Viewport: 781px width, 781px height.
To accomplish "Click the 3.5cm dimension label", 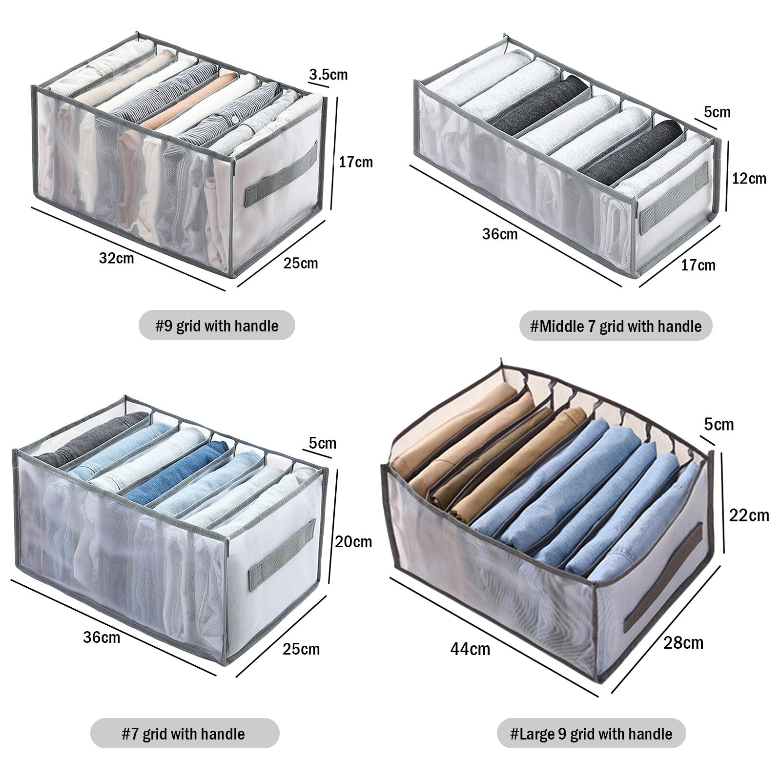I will pyautogui.click(x=328, y=75).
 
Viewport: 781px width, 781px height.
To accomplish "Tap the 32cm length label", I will pyautogui.click(x=116, y=257).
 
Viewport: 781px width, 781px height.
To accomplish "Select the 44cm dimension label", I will pyautogui.click(x=470, y=649).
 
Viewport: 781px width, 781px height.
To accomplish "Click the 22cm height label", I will pyautogui.click(x=748, y=515).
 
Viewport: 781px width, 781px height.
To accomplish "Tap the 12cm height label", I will pyautogui.click(x=749, y=179).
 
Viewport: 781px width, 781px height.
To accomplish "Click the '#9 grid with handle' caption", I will pyautogui.click(x=217, y=326).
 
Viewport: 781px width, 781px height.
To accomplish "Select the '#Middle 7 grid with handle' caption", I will pyautogui.click(x=616, y=326).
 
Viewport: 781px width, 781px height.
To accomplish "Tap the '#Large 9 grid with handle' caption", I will pyautogui.click(x=591, y=734).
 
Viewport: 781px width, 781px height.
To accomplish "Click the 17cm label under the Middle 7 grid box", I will pyautogui.click(x=698, y=265).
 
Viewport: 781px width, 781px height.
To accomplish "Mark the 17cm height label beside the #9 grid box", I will pyautogui.click(x=356, y=162).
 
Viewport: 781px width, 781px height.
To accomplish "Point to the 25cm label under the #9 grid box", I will pyautogui.click(x=301, y=264).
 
